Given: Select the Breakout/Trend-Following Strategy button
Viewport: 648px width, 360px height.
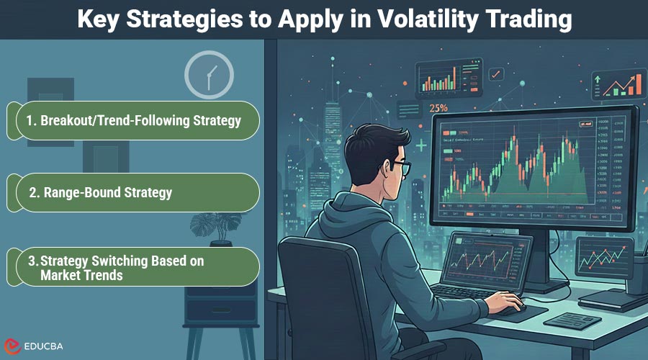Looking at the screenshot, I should (132, 121).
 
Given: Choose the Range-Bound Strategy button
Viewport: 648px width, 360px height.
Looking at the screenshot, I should (132, 192).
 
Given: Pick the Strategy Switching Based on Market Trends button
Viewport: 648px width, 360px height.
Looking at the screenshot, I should (132, 267).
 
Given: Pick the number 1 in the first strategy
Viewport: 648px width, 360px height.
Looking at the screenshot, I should (30, 121).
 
